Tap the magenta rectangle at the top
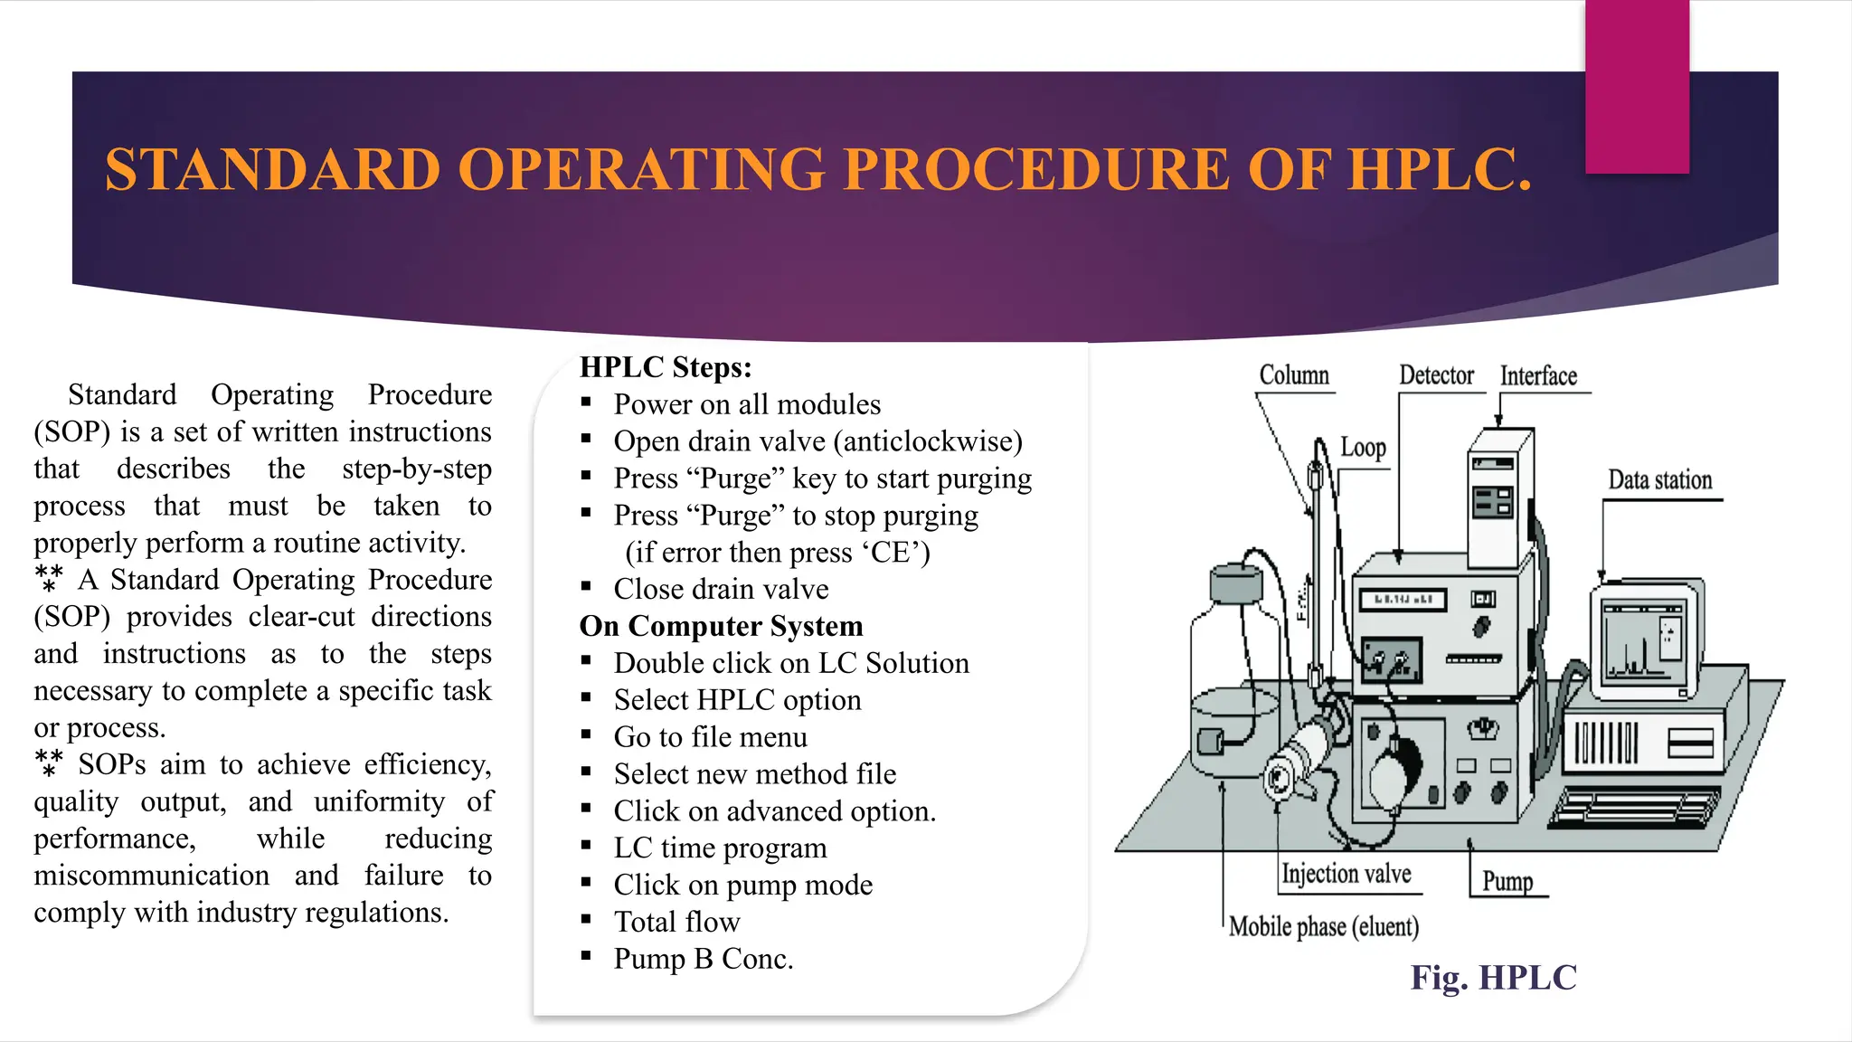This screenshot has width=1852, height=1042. (1637, 86)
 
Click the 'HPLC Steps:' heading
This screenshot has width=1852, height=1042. (666, 367)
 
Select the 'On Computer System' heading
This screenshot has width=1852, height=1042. (721, 626)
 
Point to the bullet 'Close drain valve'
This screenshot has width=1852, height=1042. (721, 589)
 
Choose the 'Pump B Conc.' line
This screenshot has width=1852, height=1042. (703, 959)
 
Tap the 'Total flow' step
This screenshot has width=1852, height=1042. (676, 922)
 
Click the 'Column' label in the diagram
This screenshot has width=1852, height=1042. (1294, 375)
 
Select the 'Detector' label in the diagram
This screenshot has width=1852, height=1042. (1436, 375)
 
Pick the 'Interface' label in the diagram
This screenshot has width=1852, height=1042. (1538, 376)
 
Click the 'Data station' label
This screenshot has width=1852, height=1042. (1659, 480)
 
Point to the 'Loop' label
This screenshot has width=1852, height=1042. (1363, 448)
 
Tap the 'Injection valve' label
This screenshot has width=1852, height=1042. (1346, 874)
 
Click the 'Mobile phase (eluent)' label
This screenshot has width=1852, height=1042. (1323, 926)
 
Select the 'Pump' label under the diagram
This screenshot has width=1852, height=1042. (1507, 881)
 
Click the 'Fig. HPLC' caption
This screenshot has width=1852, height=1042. (1493, 978)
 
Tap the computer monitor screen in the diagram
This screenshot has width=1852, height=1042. (1642, 641)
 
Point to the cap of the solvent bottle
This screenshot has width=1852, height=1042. (1236, 583)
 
